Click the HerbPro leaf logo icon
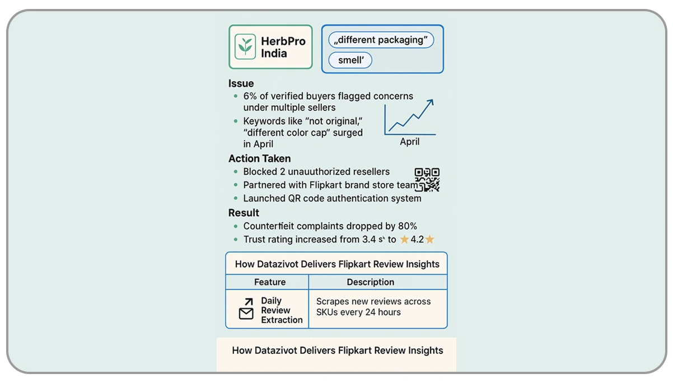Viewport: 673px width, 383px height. point(244,46)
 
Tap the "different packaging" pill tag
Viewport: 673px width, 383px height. point(381,40)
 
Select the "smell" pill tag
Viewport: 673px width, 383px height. point(350,60)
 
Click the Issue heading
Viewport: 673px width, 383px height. point(241,83)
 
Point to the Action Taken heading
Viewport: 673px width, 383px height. point(259,158)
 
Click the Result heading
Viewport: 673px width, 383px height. point(244,213)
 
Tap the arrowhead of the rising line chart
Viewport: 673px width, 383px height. point(429,102)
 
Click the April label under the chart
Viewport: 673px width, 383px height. point(409,142)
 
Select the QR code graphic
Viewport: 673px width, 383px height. point(427,180)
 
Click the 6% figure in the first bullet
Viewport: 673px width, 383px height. point(250,96)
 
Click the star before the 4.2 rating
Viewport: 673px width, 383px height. point(404,240)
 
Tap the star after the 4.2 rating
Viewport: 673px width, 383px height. point(429,240)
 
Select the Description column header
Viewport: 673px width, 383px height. point(370,282)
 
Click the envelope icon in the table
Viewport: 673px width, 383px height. point(246,314)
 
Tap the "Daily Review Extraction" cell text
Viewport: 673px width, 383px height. point(281,310)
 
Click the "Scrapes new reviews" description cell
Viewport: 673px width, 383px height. point(373,307)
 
